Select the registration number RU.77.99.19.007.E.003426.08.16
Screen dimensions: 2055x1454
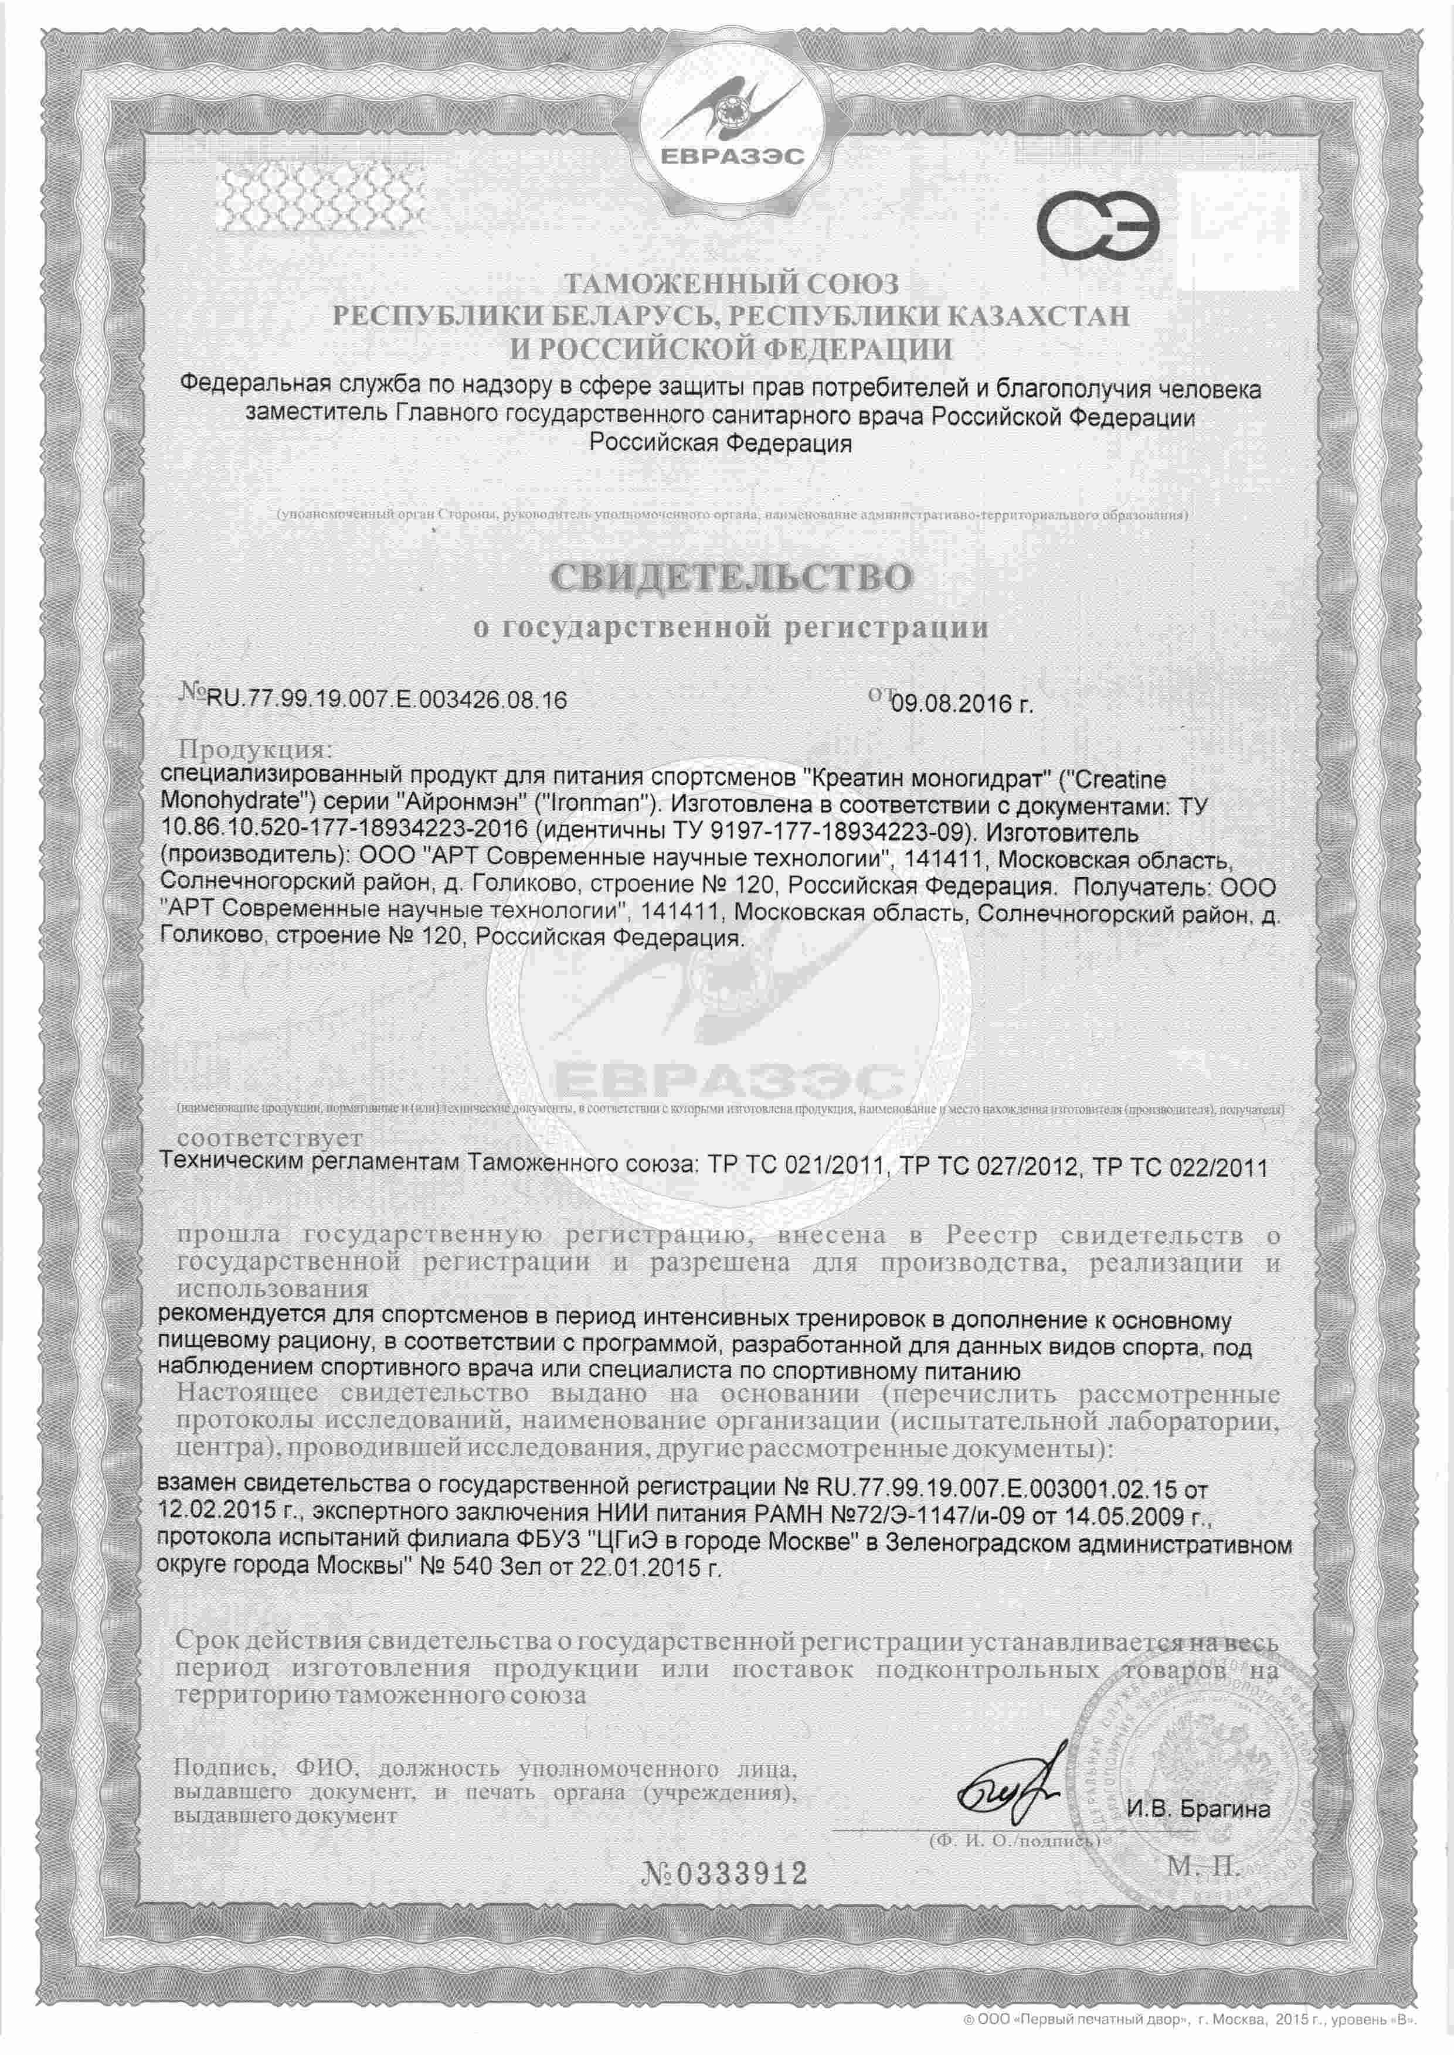[x=387, y=700]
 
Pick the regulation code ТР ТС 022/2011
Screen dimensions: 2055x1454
[x=1182, y=1167]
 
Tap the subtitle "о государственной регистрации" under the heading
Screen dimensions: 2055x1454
[x=730, y=628]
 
